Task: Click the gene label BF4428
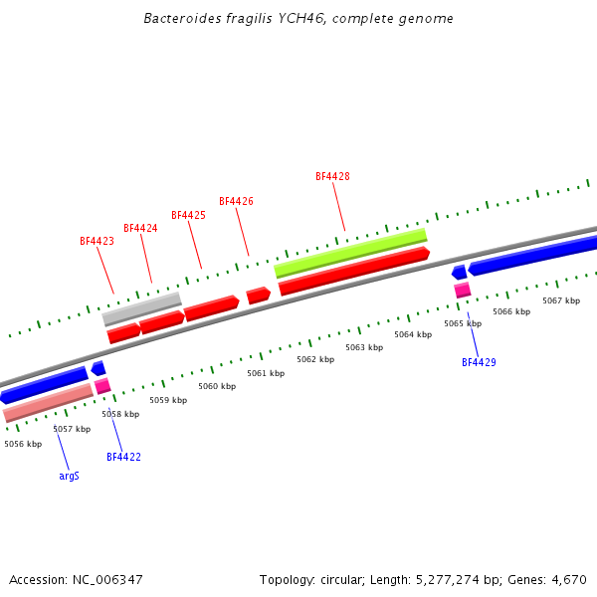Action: (332, 176)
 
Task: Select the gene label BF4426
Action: (236, 201)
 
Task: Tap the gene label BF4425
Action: (188, 215)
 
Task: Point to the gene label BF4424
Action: (140, 228)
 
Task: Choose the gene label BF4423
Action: (97, 241)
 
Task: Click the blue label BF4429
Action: (479, 362)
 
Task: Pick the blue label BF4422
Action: (123, 457)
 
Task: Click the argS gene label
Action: (69, 476)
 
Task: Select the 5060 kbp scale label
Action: (217, 386)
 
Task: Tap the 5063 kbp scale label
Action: (364, 347)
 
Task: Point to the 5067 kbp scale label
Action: (561, 300)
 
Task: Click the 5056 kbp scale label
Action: (23, 444)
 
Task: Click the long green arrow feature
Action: (350, 252)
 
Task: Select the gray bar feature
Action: (142, 308)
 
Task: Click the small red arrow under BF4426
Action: (258, 296)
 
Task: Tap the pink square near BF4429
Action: (463, 290)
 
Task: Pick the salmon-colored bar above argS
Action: (48, 403)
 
